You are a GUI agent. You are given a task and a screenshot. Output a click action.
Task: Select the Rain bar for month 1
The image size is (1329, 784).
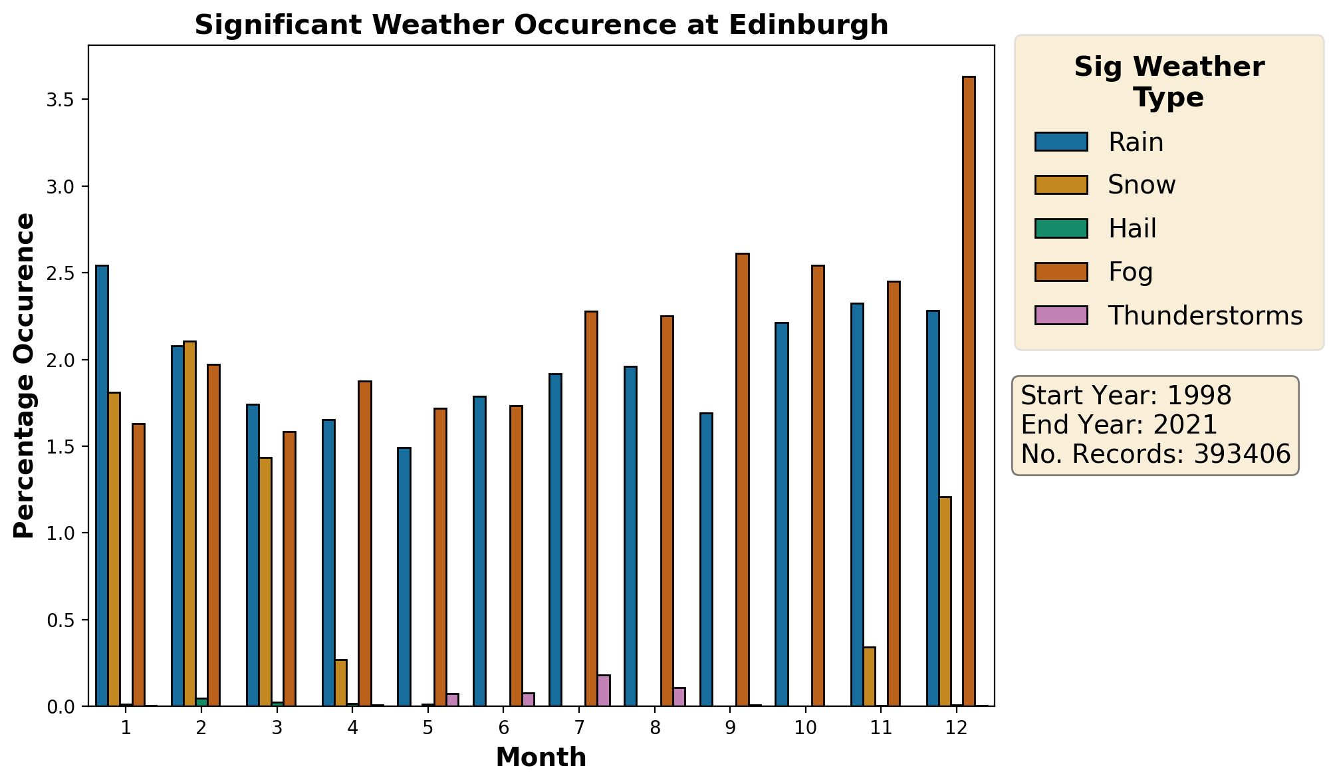[102, 485]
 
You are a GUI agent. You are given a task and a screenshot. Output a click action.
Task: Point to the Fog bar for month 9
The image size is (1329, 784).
[742, 479]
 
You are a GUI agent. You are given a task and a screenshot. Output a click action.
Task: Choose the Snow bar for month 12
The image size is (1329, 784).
[945, 601]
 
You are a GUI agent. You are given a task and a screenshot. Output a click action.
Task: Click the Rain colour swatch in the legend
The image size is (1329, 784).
[1060, 142]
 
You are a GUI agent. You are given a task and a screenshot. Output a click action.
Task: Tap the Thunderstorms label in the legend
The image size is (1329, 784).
[1205, 316]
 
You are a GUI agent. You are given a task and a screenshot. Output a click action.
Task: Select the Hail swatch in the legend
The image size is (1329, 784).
[1060, 228]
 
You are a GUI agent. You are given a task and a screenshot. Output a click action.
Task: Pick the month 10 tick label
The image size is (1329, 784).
[805, 728]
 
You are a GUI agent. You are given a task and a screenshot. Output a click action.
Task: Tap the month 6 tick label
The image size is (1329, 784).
[503, 728]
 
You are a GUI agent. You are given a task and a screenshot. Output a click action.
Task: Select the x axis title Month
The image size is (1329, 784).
[541, 757]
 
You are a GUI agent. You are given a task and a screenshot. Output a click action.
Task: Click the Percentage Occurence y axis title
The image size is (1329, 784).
[25, 376]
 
